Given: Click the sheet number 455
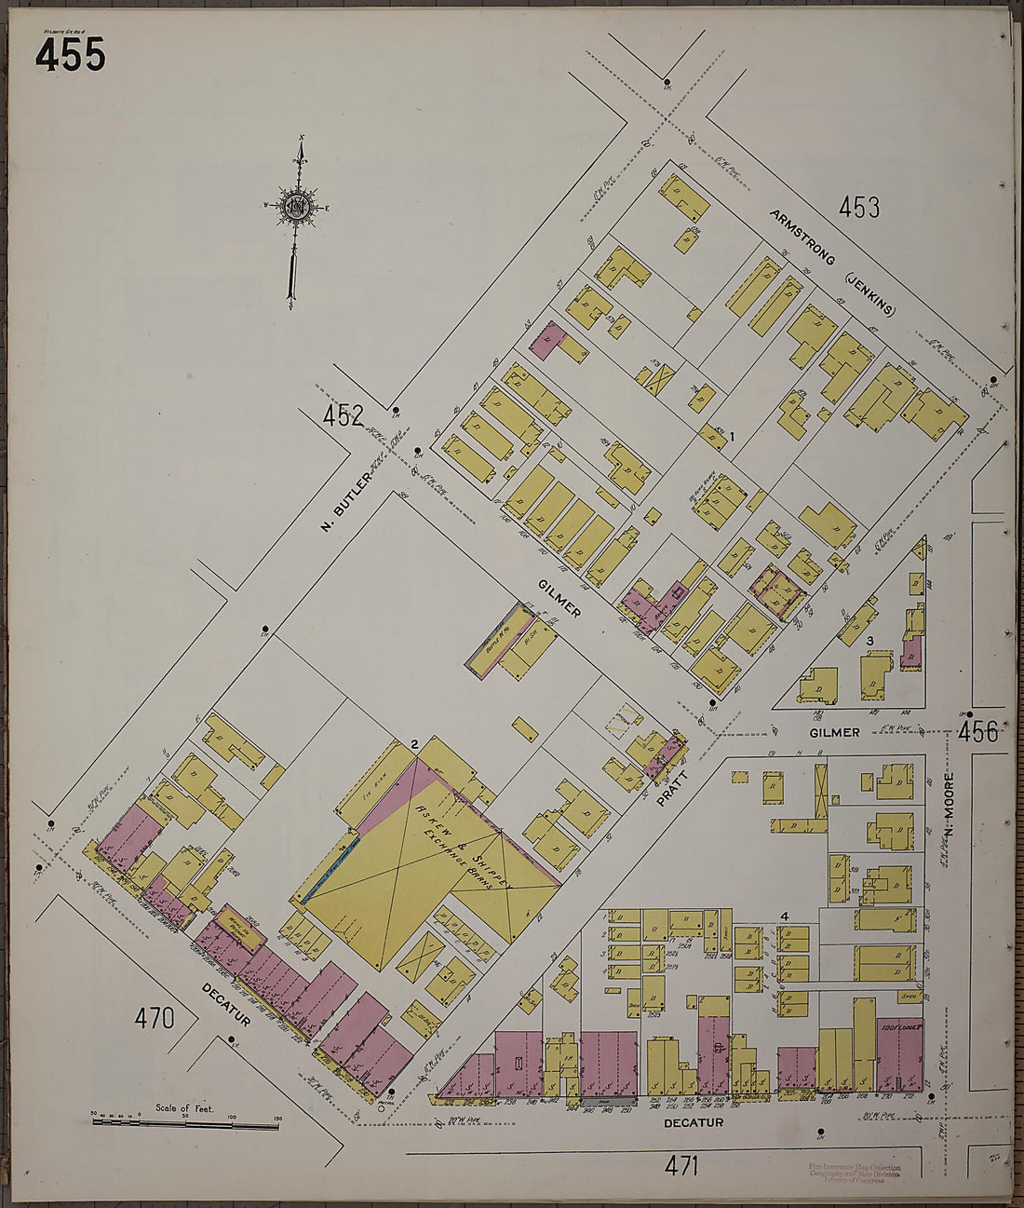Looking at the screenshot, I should coord(70,55).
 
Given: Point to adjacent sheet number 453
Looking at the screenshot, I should coord(858,207).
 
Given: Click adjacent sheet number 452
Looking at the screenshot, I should coord(343,416).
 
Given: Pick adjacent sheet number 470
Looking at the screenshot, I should coord(155,1018).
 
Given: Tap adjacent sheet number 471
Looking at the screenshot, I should coord(681,1164).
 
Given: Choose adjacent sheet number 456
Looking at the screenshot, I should coord(978,732).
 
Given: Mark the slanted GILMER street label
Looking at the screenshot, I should coord(559,597).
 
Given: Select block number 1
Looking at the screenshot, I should coord(733,436).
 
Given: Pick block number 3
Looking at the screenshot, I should coord(869,641).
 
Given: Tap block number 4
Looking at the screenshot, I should coord(785,916).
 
